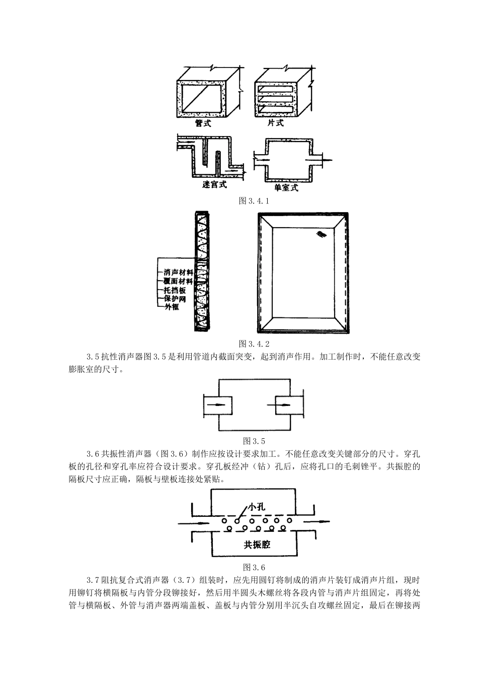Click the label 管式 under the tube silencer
[203, 123]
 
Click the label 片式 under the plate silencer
[275, 123]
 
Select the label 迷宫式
[214, 185]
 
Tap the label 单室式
[286, 187]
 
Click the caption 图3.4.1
[254, 201]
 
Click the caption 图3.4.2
[254, 344]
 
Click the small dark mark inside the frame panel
[321, 234]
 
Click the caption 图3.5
[254, 440]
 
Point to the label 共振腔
[257, 545]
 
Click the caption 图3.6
[254, 566]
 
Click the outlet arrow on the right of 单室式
[325, 161]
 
